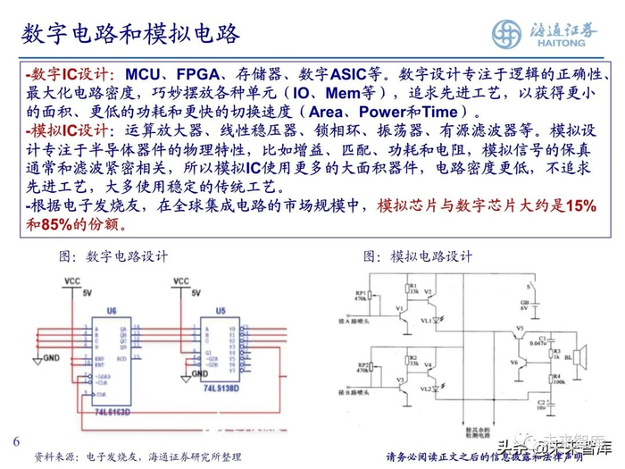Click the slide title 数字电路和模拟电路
[131, 34]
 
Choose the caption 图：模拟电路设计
[418, 256]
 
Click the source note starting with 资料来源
[137, 456]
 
